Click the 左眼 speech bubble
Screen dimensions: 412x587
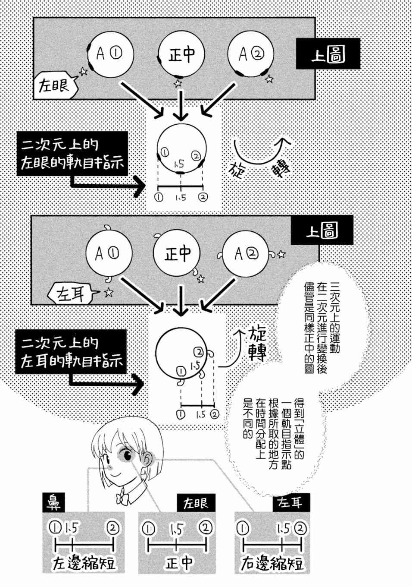coord(56,86)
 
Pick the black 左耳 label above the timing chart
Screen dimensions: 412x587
coord(291,502)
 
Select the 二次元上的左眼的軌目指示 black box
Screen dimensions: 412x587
coord(72,154)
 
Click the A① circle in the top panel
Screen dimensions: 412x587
coord(110,54)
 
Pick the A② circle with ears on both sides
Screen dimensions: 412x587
coord(246,254)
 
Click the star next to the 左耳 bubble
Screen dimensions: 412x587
coord(108,292)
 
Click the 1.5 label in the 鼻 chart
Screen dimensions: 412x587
coord(71,528)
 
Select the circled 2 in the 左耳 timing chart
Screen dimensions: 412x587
coord(300,528)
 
